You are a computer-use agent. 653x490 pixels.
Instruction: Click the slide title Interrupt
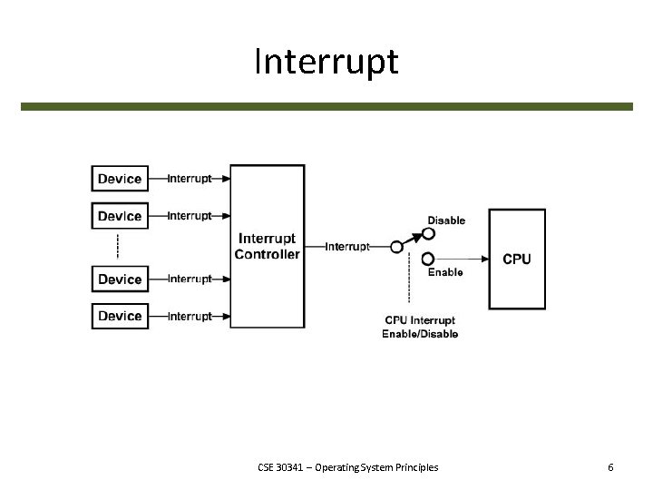[x=326, y=62]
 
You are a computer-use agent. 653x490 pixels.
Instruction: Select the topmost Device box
[x=120, y=179]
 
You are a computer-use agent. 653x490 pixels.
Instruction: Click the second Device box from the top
[x=120, y=216]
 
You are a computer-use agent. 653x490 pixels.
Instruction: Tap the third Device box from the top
[x=120, y=279]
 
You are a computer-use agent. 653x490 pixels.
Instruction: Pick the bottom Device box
[x=120, y=316]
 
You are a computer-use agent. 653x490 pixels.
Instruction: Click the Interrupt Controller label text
[x=267, y=246]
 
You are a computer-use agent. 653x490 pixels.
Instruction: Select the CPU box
[x=517, y=259]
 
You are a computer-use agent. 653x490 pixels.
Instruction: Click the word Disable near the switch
[x=446, y=220]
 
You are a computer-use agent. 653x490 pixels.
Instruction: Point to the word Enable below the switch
[x=444, y=272]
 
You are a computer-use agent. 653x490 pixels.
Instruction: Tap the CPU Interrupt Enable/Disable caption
[x=420, y=327]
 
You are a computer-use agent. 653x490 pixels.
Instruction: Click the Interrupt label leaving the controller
[x=346, y=246]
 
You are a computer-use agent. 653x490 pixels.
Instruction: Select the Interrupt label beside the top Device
[x=190, y=179]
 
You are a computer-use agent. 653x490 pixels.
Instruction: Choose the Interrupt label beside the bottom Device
[x=190, y=316]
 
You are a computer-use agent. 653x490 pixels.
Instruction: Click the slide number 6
[x=610, y=467]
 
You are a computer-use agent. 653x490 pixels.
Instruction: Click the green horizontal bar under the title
[x=326, y=106]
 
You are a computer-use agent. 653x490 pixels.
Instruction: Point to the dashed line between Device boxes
[x=119, y=247]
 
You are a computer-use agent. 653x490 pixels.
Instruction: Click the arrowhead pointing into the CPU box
[x=485, y=259]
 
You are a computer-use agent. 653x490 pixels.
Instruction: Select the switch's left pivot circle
[x=395, y=246]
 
